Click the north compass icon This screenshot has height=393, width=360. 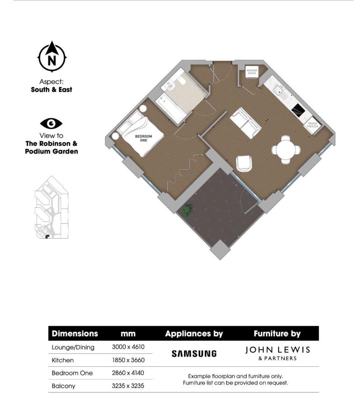coord(52,57)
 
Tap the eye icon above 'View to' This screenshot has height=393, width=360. coord(51,124)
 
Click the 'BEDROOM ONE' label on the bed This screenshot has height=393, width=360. coord(143,138)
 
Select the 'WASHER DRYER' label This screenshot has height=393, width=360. coord(251,72)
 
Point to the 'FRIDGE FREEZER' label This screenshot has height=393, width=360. coord(313,125)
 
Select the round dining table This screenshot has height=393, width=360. coord(286,149)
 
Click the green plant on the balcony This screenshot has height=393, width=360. coord(186,210)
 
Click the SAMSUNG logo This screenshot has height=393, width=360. coord(194,353)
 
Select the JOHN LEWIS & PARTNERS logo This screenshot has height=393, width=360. coord(277,353)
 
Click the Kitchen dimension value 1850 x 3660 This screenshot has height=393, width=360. coord(128,360)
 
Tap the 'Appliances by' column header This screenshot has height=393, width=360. coord(194,334)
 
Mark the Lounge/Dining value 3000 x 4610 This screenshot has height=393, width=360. coord(128,347)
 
